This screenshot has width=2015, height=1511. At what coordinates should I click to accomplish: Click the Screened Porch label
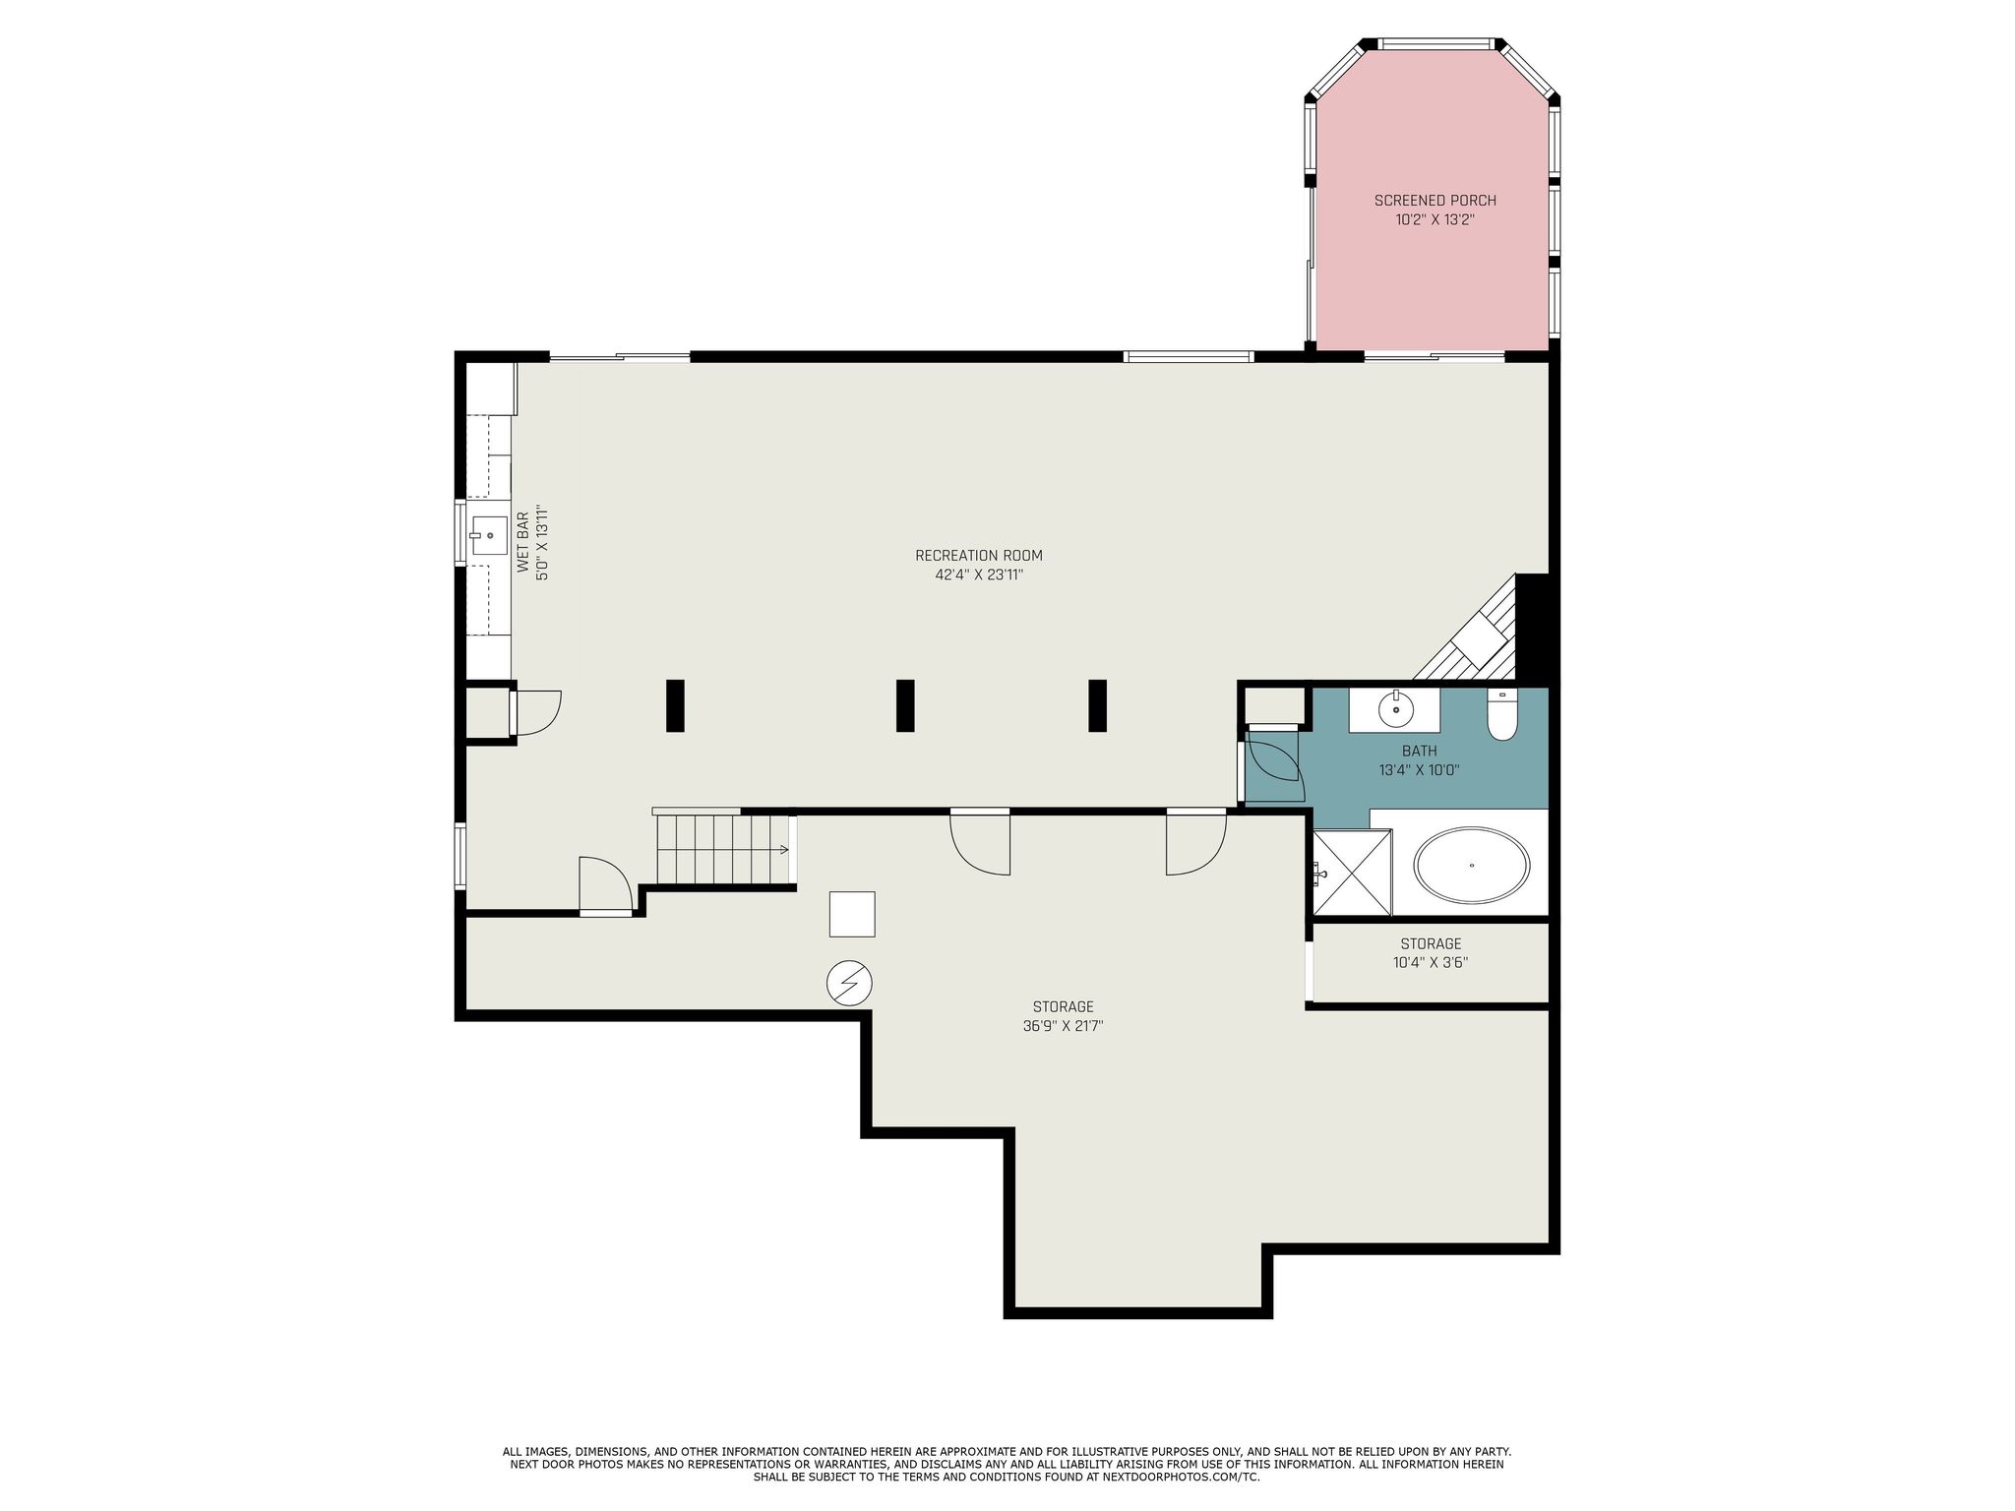pyautogui.click(x=1435, y=201)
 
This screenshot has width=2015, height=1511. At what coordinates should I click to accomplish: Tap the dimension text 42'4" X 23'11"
pyautogui.click(x=979, y=574)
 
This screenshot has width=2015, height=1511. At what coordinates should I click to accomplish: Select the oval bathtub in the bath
pyautogui.click(x=1471, y=865)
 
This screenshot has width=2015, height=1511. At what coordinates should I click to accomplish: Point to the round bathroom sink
pyautogui.click(x=1395, y=708)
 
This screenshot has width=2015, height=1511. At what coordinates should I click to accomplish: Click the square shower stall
pyautogui.click(x=1352, y=873)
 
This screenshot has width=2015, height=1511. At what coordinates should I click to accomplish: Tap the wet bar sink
pyautogui.click(x=488, y=536)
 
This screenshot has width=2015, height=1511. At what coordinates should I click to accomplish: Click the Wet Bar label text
pyautogui.click(x=523, y=542)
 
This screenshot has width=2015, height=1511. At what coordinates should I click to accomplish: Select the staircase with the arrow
pyautogui.click(x=723, y=849)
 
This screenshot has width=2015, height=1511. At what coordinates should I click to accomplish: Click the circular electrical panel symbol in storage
pyautogui.click(x=849, y=983)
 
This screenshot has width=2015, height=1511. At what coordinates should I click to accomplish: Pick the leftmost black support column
pyautogui.click(x=675, y=705)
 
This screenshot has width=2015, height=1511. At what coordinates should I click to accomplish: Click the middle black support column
pyautogui.click(x=905, y=705)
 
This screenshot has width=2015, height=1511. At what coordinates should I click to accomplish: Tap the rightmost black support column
pyautogui.click(x=1097, y=705)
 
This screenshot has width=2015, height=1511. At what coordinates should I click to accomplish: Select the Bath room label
pyautogui.click(x=1419, y=752)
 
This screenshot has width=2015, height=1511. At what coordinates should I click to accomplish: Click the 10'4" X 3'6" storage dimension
pyautogui.click(x=1431, y=963)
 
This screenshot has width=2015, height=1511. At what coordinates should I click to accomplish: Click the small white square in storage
pyautogui.click(x=852, y=914)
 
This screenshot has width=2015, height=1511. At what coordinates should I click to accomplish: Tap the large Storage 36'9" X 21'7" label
pyautogui.click(x=1063, y=1016)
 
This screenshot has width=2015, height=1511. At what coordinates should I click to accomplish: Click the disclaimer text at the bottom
pyautogui.click(x=1007, y=1464)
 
